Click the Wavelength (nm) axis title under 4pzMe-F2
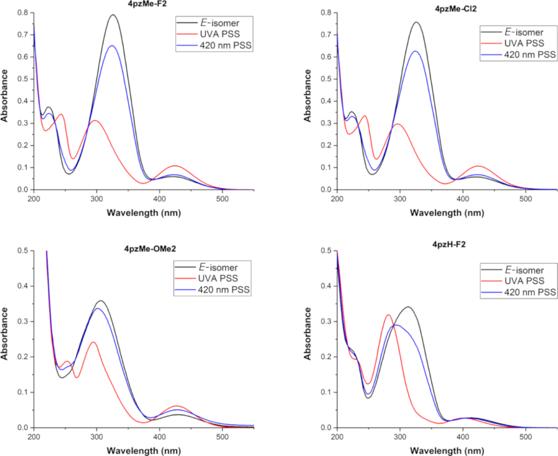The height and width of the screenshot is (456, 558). [144, 213]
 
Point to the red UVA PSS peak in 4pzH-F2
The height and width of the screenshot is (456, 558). [388, 315]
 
